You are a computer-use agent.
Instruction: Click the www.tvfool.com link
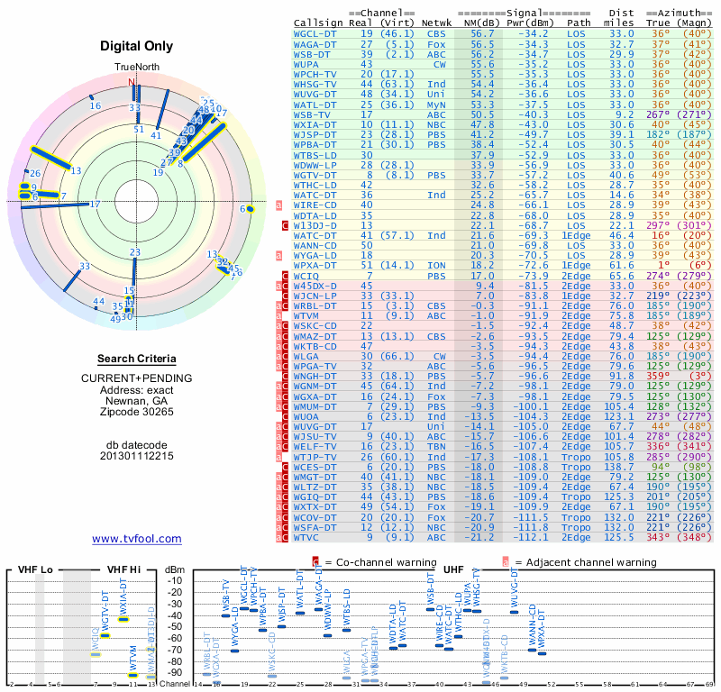[x=137, y=539]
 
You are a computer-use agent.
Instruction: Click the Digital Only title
[x=137, y=47]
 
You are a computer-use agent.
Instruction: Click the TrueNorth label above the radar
[x=136, y=68]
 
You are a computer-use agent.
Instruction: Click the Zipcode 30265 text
[x=136, y=412]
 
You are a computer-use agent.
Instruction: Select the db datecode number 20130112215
[x=136, y=456]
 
